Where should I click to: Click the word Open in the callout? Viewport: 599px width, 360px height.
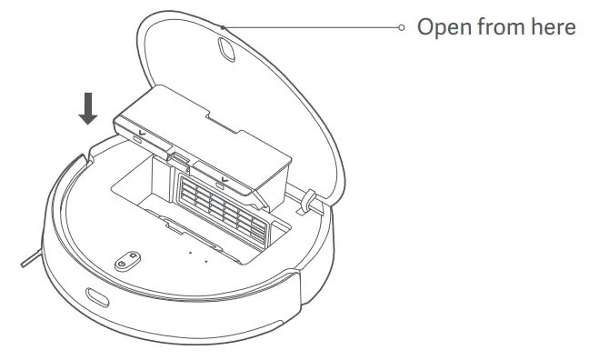(x=443, y=27)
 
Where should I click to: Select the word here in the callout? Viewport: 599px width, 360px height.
(x=551, y=27)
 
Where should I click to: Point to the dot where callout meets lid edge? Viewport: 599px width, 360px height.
(x=224, y=27)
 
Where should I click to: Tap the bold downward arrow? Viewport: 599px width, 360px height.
(x=88, y=107)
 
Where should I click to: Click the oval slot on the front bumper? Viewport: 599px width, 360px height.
(x=95, y=297)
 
